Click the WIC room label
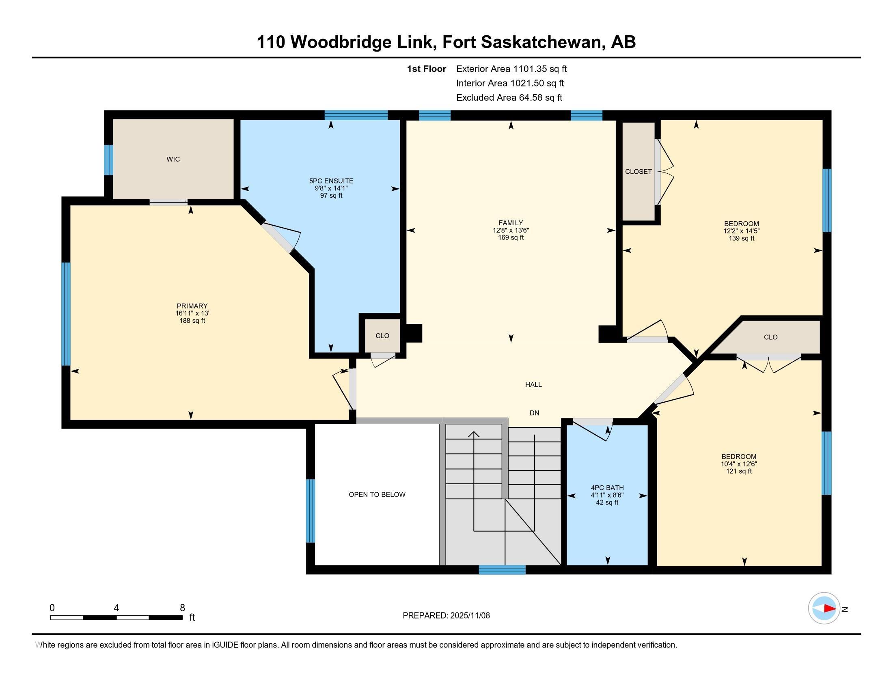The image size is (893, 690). pos(173,160)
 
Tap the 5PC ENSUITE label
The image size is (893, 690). pos(331,181)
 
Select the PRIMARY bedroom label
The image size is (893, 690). pos(192,306)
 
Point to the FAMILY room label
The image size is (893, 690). pos(511,223)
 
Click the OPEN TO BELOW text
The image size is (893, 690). pos(377,495)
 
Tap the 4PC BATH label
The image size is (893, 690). pos(607,487)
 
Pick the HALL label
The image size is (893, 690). pos(534,385)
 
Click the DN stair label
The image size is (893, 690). pos(535,413)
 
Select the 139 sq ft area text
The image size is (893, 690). pos(741,238)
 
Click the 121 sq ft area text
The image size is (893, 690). pos(739,471)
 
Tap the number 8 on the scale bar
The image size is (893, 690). pos(182,608)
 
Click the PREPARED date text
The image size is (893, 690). pos(446,615)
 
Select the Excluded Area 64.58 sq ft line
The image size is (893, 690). pos(509,98)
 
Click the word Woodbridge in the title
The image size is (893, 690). pos(341,42)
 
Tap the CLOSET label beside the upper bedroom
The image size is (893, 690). pos(638,172)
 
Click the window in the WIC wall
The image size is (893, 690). pos(108,160)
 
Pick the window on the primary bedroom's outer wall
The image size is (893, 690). pos(66,314)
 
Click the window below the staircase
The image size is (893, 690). pos(502,570)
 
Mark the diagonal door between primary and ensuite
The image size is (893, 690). pos(278,237)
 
